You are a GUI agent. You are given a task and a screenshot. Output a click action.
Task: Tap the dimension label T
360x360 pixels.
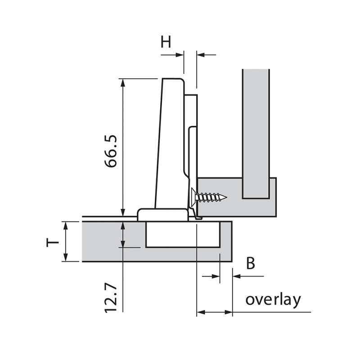coord(53,242)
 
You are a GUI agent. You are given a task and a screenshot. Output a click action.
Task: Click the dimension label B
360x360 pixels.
coord(251,263)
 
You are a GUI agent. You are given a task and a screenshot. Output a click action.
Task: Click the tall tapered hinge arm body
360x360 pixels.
coord(171,144)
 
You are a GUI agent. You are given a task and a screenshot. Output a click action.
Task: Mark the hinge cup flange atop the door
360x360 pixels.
coord(162,214)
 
